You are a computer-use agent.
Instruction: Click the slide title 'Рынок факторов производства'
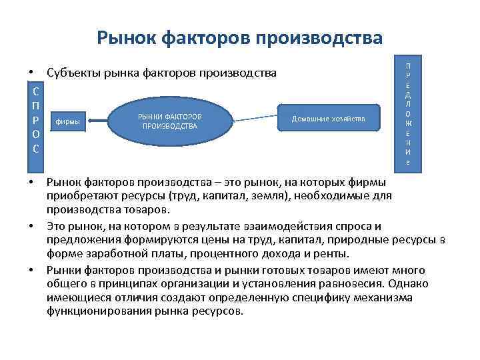tap(240, 38)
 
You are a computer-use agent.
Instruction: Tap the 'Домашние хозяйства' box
tap(328, 119)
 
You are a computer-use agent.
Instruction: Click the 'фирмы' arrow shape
tap(73, 121)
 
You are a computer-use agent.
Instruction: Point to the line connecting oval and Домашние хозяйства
tap(257, 117)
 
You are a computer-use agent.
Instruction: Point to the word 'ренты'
tap(333, 254)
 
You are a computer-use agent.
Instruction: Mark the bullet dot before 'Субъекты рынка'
tap(31, 72)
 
